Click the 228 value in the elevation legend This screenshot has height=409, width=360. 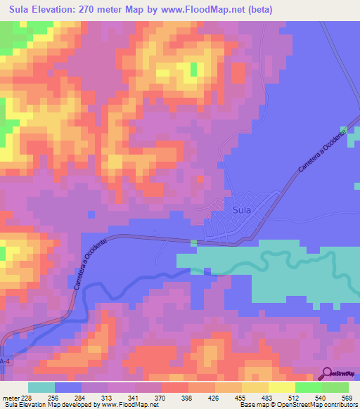tap(27, 397)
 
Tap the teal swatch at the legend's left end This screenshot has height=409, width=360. tap(41, 387)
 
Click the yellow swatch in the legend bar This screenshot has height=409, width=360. tap(282, 387)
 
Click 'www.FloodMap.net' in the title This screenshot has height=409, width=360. tap(204, 10)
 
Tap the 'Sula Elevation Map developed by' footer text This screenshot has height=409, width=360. tap(49, 405)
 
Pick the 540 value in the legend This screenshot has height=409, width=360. tap(322, 397)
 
